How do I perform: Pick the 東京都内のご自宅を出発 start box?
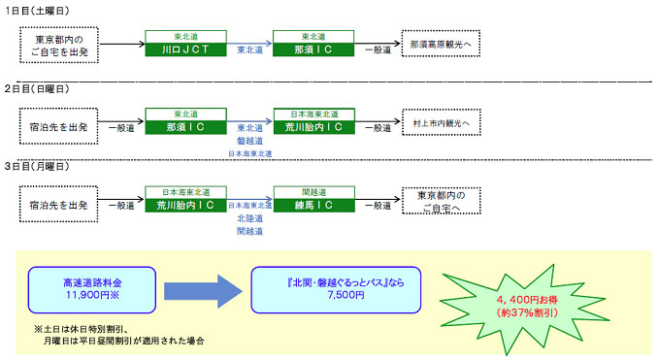click(60, 45)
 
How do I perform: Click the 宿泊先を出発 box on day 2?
click(60, 125)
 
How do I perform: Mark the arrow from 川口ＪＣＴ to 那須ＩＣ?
click(249, 45)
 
